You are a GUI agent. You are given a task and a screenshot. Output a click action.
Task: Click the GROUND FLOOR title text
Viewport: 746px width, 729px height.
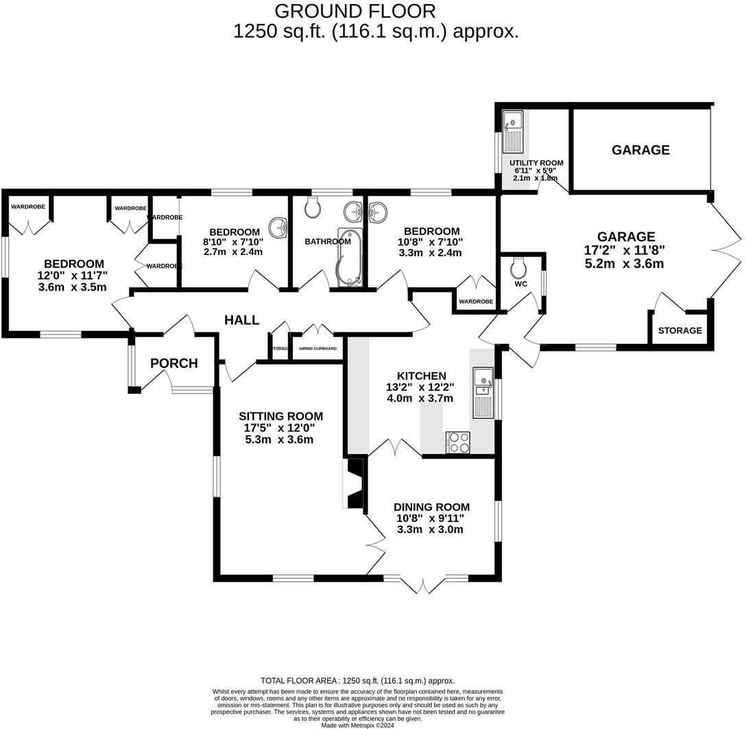(x=354, y=11)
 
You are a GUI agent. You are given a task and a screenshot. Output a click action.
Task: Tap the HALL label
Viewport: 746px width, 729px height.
(x=242, y=320)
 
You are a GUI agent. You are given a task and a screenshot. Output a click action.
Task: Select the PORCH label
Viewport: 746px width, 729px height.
(x=174, y=363)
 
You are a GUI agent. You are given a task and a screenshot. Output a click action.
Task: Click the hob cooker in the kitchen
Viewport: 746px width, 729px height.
(x=457, y=443)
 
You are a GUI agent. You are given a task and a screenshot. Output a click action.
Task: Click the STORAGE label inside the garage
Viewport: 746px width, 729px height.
(x=679, y=330)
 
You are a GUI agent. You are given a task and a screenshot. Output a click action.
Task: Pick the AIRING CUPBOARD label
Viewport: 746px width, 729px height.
(x=317, y=349)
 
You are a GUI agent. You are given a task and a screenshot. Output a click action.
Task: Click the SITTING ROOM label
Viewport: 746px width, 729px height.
(x=280, y=416)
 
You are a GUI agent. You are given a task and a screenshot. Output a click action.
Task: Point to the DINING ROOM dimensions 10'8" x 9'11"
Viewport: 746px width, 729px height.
(x=429, y=518)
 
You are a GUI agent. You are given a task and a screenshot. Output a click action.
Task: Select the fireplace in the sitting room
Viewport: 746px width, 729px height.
(x=355, y=484)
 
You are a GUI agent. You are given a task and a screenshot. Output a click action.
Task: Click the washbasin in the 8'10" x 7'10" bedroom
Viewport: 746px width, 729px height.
(x=280, y=227)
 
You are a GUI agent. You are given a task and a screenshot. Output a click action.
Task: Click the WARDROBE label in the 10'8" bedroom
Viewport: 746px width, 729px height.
(x=476, y=301)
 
